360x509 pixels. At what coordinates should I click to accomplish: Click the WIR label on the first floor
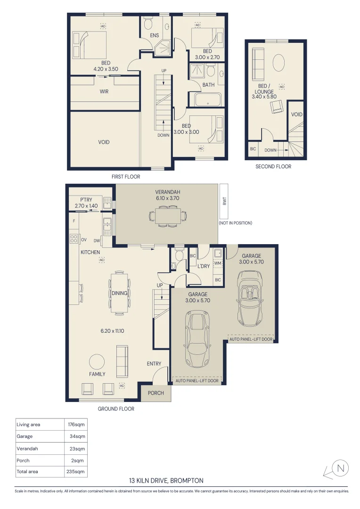[104, 91]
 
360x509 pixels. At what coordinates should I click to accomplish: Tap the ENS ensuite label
[155, 35]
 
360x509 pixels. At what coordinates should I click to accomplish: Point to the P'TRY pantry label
[86, 200]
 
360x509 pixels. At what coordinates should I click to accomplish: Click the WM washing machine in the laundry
[218, 263]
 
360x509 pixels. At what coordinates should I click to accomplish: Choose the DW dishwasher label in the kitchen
[97, 240]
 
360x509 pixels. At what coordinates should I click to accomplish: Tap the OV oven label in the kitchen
[84, 240]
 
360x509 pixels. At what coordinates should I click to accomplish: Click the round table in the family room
[97, 361]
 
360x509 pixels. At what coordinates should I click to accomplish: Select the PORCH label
[156, 393]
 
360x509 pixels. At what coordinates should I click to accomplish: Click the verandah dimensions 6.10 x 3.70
[167, 198]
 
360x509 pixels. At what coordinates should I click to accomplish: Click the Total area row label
[27, 471]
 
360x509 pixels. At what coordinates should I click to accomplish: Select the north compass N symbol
[341, 468]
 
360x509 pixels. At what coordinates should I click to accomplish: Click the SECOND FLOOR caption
[273, 166]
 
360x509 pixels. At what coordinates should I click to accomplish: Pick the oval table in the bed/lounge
[279, 63]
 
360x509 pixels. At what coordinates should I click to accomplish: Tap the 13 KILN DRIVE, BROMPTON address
[166, 481]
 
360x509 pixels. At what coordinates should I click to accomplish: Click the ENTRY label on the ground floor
[154, 364]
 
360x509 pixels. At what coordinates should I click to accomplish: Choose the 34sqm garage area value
[78, 436]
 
